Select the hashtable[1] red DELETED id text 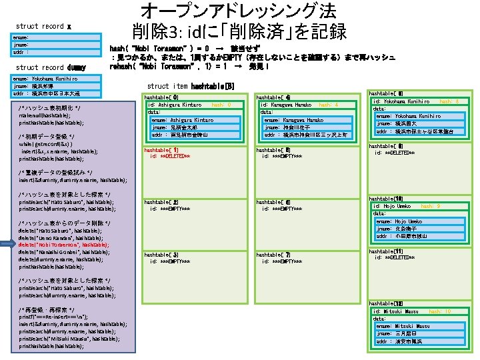[171, 157]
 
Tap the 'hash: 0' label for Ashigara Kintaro [221, 105]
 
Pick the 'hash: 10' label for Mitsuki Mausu [440, 311]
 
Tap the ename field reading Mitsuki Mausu [399, 325]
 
